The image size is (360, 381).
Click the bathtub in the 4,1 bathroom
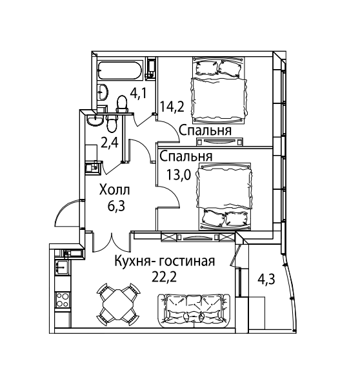(x=120, y=70)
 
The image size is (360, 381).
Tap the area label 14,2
(x=172, y=107)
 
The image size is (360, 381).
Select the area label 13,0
(x=179, y=174)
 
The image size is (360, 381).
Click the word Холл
(x=115, y=190)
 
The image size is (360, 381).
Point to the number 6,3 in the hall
(x=116, y=206)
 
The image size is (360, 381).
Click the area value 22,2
(x=164, y=277)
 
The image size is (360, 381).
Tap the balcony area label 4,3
(x=266, y=279)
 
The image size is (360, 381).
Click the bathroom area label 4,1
(x=138, y=93)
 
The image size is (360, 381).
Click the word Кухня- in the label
(x=135, y=262)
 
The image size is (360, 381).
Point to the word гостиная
(x=187, y=262)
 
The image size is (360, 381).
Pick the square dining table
(x=118, y=304)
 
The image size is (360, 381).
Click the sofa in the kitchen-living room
(x=194, y=311)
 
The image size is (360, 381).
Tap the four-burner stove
(x=63, y=300)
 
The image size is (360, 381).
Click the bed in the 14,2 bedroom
(x=219, y=90)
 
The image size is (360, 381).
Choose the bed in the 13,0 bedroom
(x=225, y=196)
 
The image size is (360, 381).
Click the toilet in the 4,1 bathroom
(x=122, y=104)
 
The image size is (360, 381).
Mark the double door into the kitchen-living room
(x=112, y=242)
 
